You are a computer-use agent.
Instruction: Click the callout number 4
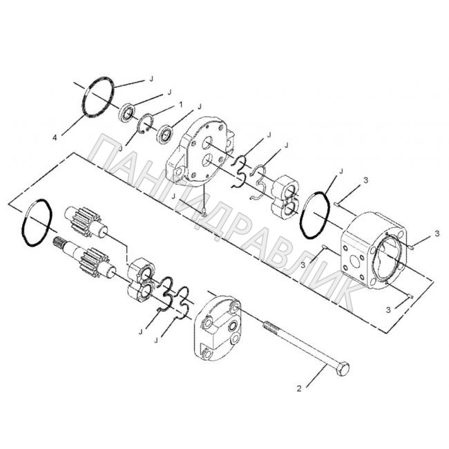pyautogui.click(x=55, y=137)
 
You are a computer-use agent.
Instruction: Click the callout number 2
pyautogui.click(x=299, y=389)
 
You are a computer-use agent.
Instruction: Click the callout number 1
pyautogui.click(x=180, y=105)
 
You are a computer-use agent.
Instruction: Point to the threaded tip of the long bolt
pyautogui.click(x=269, y=327)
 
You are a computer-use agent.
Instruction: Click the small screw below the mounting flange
pyautogui.click(x=204, y=213)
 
